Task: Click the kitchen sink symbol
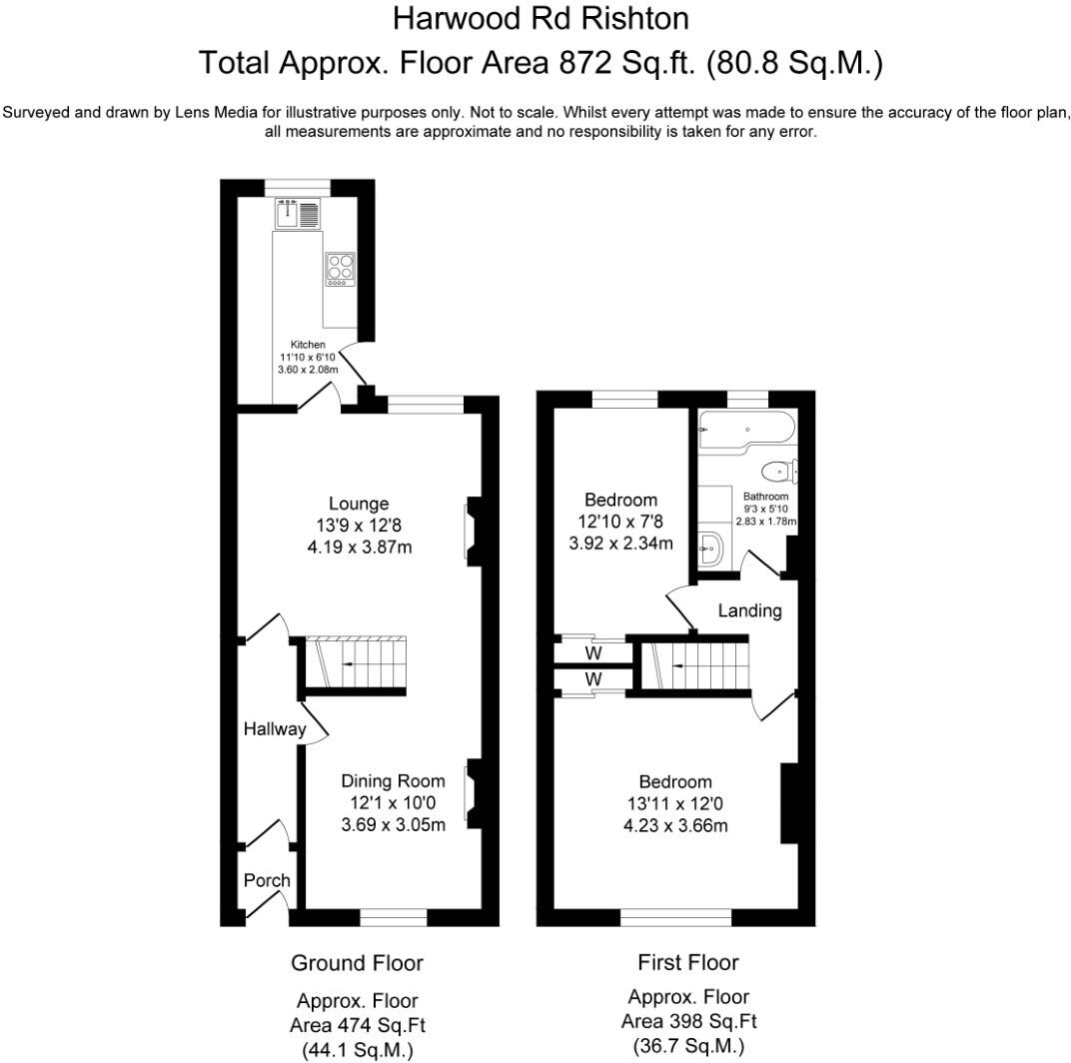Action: pos(298,213)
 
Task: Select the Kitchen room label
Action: pos(308,345)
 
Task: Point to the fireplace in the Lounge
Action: pos(470,533)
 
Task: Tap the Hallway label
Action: pos(275,729)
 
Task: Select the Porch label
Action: pos(267,880)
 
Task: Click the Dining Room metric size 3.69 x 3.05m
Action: pos(393,824)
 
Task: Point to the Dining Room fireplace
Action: pos(472,795)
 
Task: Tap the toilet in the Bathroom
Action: pos(779,471)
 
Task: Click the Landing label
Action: pos(749,610)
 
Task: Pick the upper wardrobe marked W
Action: pos(592,653)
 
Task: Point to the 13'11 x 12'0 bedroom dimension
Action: pos(675,804)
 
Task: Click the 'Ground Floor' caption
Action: pos(357,963)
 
